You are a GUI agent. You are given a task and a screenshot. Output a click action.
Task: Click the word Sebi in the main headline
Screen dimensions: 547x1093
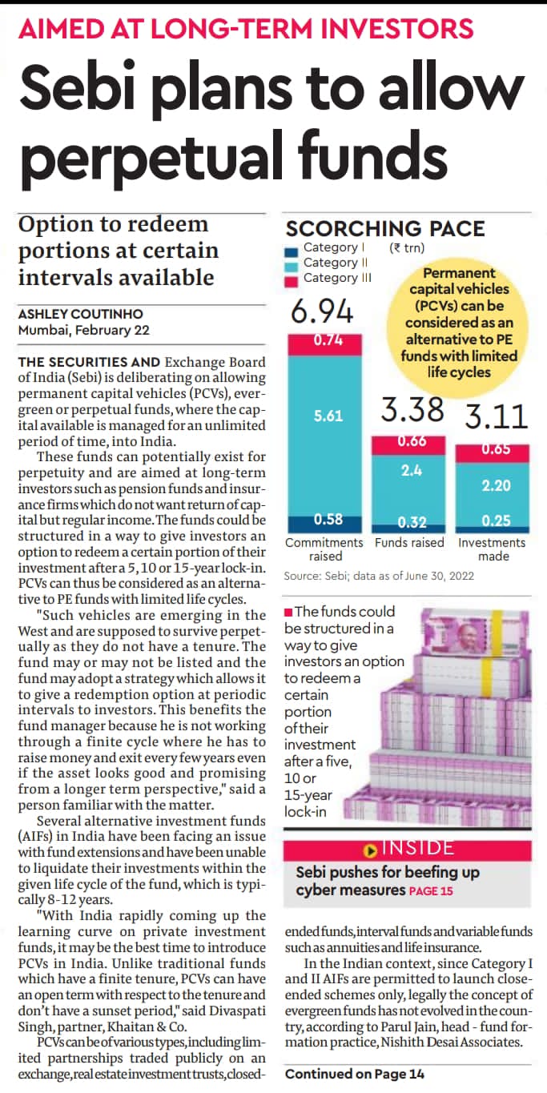[77, 88]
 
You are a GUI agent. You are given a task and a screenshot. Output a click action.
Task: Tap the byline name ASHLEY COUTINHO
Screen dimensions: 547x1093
[81, 314]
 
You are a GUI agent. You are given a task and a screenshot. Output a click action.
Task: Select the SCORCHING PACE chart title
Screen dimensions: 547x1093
[385, 228]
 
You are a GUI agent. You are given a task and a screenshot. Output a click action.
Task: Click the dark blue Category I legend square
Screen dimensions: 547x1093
[291, 252]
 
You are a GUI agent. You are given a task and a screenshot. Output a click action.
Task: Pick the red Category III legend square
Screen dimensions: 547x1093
[291, 282]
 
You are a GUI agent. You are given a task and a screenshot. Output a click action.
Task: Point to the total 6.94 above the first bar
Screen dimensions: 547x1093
[322, 311]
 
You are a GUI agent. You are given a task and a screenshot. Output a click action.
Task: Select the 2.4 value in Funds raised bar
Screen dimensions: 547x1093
[412, 470]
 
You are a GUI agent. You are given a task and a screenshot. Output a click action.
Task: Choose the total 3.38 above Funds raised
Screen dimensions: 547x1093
[412, 409]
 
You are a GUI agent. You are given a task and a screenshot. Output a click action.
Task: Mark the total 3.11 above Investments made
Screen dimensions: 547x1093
[497, 416]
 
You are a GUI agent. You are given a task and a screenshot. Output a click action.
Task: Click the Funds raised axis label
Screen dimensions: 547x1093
[409, 542]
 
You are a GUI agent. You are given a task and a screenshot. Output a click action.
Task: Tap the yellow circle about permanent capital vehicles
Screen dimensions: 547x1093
[458, 323]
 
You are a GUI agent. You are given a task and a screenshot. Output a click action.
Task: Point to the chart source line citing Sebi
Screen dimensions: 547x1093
[379, 576]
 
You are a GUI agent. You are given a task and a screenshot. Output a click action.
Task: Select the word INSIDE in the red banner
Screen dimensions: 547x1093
[418, 847]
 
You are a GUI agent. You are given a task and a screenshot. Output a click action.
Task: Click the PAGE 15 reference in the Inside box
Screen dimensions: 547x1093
[431, 891]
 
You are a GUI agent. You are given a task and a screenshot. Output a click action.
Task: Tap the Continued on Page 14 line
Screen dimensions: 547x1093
[355, 1074]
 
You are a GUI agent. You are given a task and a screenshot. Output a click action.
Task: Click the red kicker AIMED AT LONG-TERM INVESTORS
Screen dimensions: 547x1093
[246, 28]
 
